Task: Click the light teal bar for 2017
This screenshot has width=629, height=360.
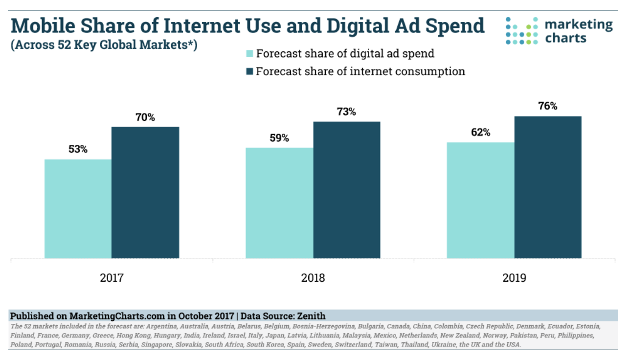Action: pos(78,209)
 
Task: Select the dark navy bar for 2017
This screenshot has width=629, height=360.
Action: pos(145,192)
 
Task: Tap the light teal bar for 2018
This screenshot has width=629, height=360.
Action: pos(279,203)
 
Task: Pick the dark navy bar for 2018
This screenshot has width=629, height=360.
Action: pos(347,190)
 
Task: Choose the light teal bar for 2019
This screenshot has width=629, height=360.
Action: pos(480,200)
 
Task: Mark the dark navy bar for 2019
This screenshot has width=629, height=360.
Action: pos(548,187)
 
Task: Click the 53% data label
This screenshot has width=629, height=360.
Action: pos(78,150)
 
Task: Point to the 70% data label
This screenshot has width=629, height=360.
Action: pos(145,117)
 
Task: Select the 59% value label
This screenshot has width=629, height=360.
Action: pos(279,138)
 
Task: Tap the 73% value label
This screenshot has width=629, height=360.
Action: pos(346,112)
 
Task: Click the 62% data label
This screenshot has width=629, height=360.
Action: pos(480,133)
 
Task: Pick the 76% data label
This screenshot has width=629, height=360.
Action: pos(548,106)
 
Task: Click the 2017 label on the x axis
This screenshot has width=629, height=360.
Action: pos(112,278)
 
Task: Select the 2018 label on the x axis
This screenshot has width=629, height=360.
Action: pos(313,278)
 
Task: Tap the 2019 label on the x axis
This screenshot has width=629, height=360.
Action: pos(514,278)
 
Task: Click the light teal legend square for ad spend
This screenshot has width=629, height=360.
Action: pos(249,54)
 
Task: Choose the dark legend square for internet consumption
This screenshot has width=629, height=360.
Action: pos(249,71)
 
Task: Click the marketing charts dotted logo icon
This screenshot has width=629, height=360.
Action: pos(521,30)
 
